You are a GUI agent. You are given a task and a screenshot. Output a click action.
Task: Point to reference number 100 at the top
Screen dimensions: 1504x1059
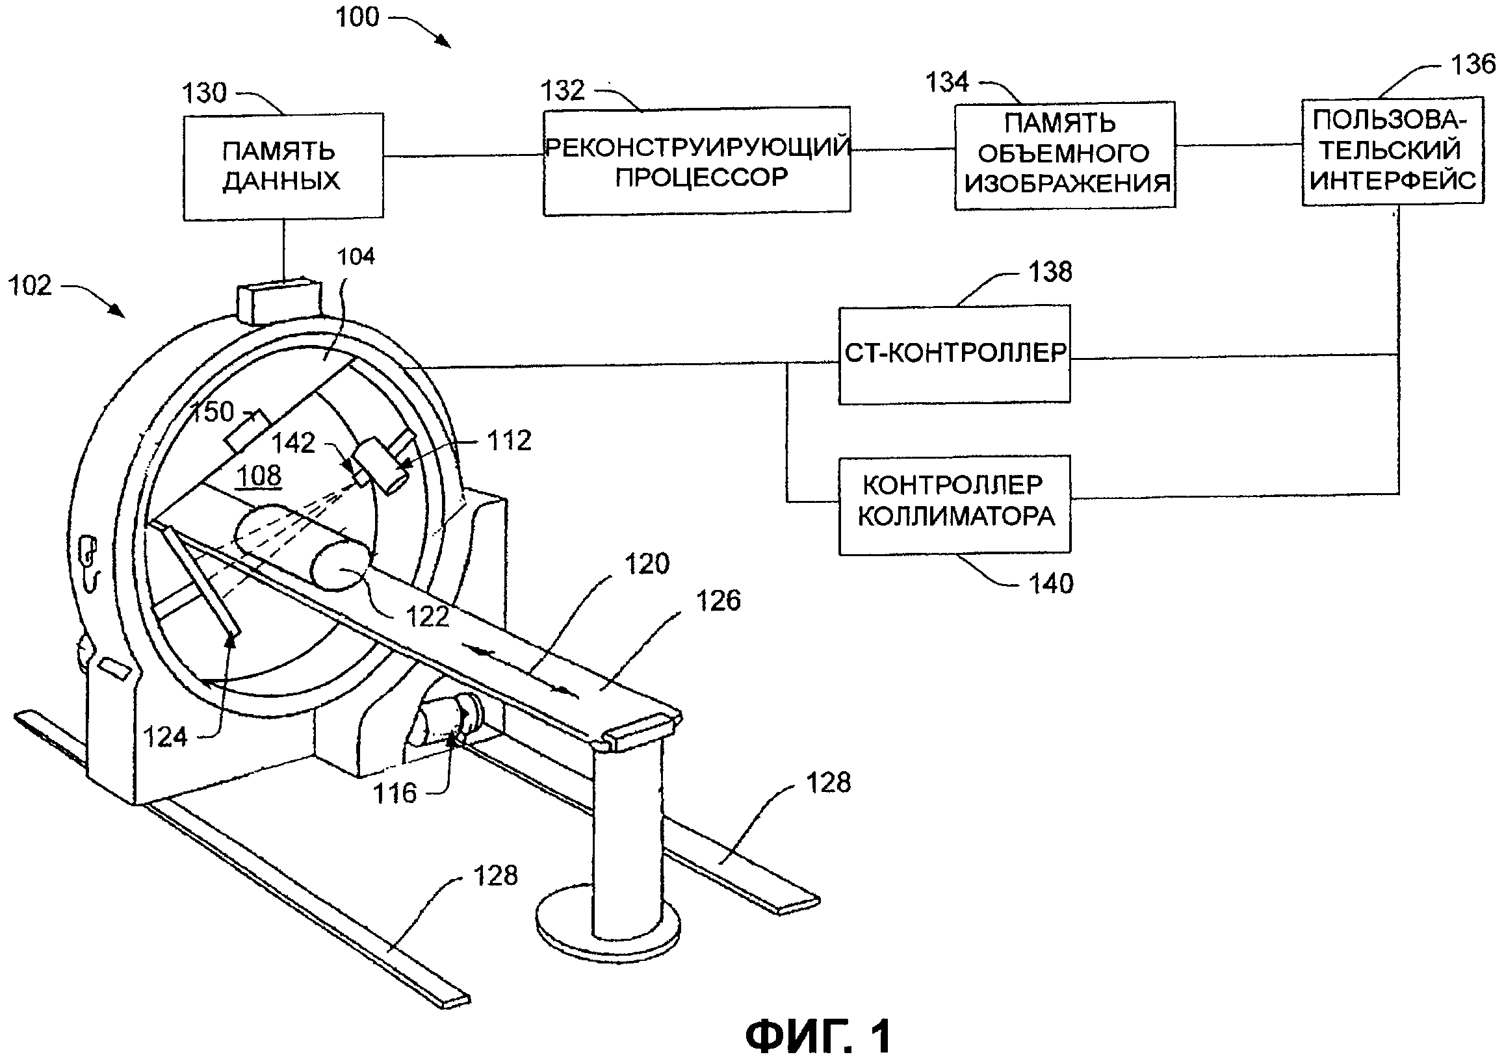pyautogui.click(x=357, y=16)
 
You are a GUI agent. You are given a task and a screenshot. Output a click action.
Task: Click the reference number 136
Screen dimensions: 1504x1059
pyautogui.click(x=1473, y=64)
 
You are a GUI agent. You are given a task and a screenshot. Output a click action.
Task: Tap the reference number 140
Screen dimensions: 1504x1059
pyautogui.click(x=1052, y=583)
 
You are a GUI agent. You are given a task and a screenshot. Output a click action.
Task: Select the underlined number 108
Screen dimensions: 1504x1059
pyautogui.click(x=259, y=476)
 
